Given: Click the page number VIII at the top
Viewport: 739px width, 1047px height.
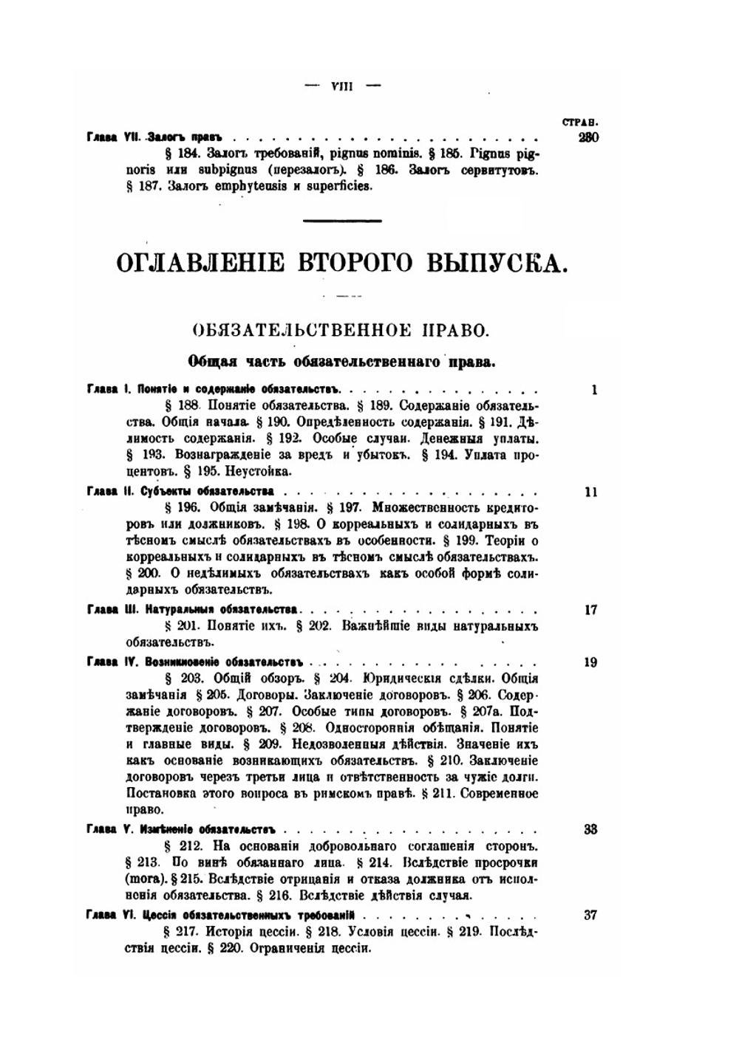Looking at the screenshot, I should click(x=343, y=86).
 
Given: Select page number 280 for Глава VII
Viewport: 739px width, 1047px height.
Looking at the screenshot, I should click(x=588, y=137).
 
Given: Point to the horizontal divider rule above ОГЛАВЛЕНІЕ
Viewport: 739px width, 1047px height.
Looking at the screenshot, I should click(x=343, y=220).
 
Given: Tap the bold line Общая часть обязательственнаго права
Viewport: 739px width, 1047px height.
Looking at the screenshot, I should click(x=341, y=362).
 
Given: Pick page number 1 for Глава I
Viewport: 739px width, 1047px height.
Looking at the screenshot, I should click(x=594, y=390).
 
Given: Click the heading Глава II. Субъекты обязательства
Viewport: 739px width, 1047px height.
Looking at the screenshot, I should click(x=180, y=491).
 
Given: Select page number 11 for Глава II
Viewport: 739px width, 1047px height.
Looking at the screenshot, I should click(x=590, y=492).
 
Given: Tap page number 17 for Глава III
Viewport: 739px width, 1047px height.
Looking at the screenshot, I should click(x=590, y=610).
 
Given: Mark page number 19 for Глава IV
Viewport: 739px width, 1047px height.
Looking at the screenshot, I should click(x=590, y=662).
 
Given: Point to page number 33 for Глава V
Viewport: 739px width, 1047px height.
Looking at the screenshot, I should click(x=590, y=829).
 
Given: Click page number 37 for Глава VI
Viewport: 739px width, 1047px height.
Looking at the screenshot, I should click(x=590, y=915).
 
